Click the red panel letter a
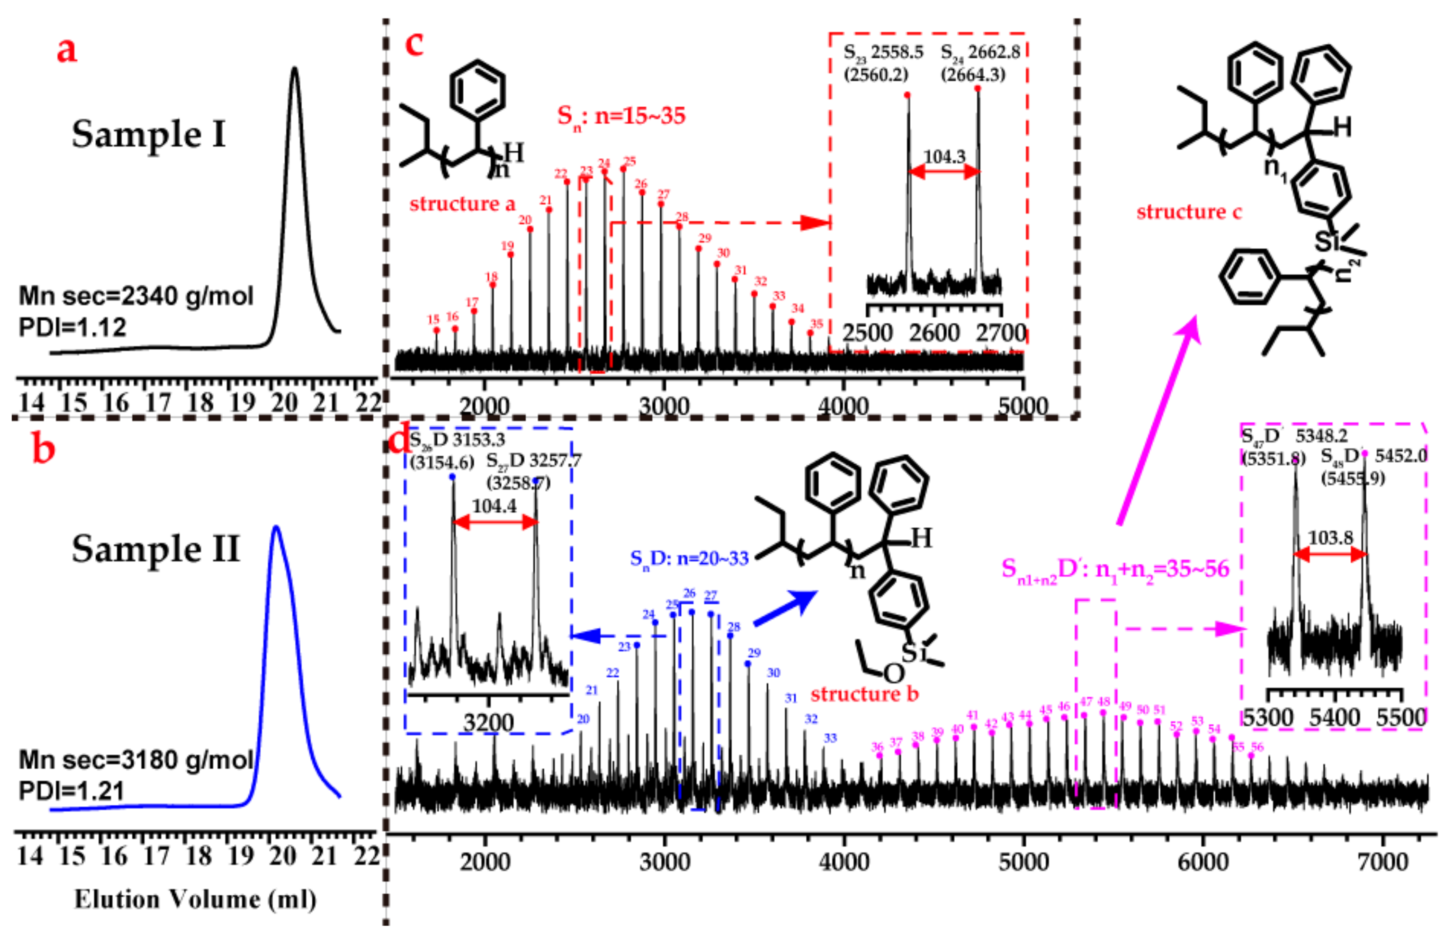(x=66, y=50)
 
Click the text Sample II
(x=156, y=549)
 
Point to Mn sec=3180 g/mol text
(x=136, y=760)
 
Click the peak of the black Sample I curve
(x=294, y=69)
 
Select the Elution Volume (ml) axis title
(x=195, y=900)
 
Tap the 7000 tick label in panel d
(x=1383, y=862)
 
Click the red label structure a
(x=462, y=204)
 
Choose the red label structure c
(x=1189, y=212)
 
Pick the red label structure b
(x=864, y=694)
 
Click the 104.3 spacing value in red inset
(x=944, y=157)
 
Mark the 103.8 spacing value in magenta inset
(x=1330, y=538)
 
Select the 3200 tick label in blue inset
(x=488, y=723)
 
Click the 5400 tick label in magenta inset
(x=1334, y=718)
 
